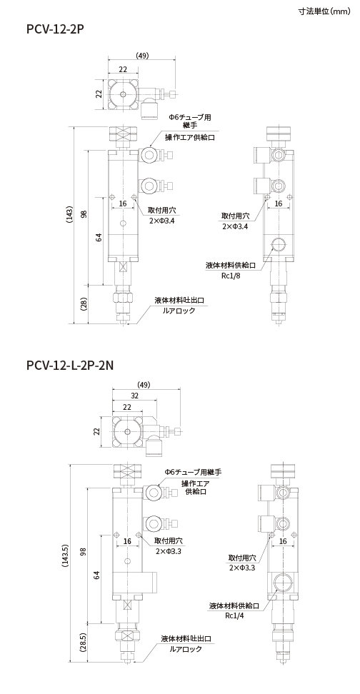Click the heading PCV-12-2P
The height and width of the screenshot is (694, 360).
coord(55,30)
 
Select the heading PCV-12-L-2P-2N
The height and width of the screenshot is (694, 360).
coord(70,366)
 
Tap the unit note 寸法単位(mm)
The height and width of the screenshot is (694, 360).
coord(324,11)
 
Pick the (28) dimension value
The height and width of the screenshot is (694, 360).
coord(84,304)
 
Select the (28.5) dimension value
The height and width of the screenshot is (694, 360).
coord(82,644)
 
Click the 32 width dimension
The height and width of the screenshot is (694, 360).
coord(134,396)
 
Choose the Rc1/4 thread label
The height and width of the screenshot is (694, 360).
coord(235,615)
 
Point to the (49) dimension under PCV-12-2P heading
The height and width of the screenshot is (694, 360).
coord(142,55)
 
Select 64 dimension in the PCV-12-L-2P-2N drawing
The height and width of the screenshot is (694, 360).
coord(96,575)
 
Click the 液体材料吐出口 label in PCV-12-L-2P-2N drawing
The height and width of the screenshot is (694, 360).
coord(186,639)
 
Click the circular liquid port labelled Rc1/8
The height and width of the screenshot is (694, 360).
coord(279,244)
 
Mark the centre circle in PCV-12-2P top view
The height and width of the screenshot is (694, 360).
coord(123,95)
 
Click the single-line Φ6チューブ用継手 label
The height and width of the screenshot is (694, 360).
coord(193,472)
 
